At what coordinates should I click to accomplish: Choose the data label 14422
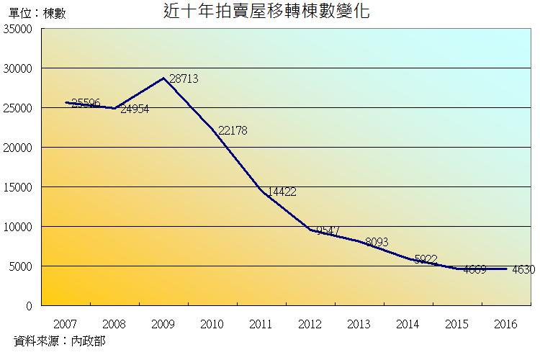pyautogui.click(x=282, y=192)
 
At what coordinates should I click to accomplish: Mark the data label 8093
pyautogui.click(x=379, y=242)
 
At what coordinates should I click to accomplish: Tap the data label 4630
pyautogui.click(x=523, y=270)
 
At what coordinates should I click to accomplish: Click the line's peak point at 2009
pyautogui.click(x=163, y=78)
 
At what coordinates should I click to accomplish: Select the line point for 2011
pyautogui.click(x=261, y=192)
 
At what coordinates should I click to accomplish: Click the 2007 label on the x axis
pyautogui.click(x=66, y=324)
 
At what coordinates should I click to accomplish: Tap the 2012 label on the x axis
pyautogui.click(x=310, y=324)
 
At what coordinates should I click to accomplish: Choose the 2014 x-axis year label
pyautogui.click(x=408, y=324)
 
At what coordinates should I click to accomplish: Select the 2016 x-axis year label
pyautogui.click(x=506, y=324)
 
